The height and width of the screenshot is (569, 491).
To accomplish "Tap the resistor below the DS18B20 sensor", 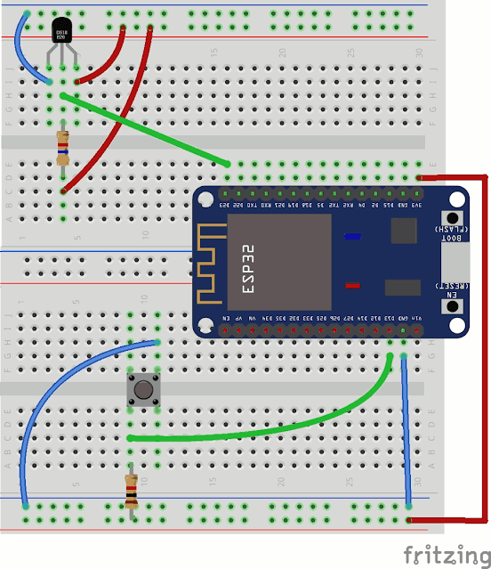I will click(x=62, y=147).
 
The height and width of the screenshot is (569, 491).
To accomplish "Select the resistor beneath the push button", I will click(x=131, y=489).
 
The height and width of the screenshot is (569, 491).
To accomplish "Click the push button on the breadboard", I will click(x=141, y=389).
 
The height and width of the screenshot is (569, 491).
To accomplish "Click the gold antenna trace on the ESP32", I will click(x=211, y=264).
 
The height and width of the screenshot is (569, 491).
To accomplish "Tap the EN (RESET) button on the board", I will click(x=454, y=306).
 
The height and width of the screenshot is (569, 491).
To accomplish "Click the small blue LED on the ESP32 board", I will click(x=353, y=237).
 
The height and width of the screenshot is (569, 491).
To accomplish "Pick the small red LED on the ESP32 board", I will click(x=353, y=286).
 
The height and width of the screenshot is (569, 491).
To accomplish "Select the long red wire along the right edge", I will click(x=487, y=347).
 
